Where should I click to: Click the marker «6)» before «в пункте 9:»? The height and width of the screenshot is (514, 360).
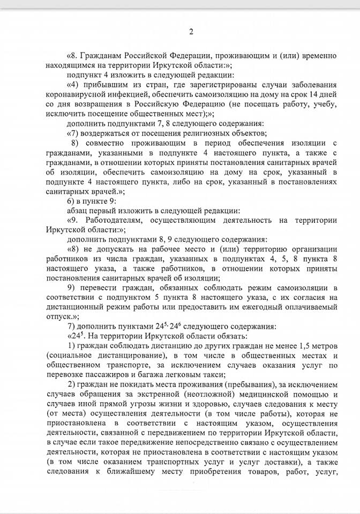coord(71,201)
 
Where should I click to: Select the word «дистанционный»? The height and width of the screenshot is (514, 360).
coord(77,307)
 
